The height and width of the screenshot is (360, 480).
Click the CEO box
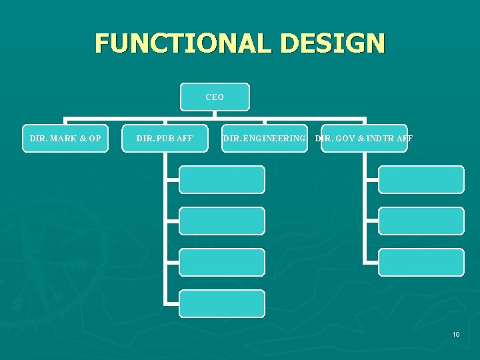pyautogui.click(x=215, y=97)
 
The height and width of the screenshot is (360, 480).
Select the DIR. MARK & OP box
pyautogui.click(x=65, y=139)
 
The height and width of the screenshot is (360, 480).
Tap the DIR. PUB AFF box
pyautogui.click(x=165, y=139)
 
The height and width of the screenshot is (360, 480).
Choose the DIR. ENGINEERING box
pyautogui.click(x=265, y=139)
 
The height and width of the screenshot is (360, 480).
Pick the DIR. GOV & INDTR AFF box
pyautogui.click(x=364, y=139)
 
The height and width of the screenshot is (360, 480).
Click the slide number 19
pyautogui.click(x=456, y=334)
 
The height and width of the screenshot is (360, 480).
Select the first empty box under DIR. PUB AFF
pyautogui.click(x=222, y=180)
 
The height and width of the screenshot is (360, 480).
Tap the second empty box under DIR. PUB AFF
pyautogui.click(x=222, y=221)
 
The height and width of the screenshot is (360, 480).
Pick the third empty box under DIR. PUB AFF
pyautogui.click(x=222, y=262)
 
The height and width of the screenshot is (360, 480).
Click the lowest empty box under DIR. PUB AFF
pyautogui.click(x=222, y=303)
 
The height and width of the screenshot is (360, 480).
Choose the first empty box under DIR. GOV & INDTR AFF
pyautogui.click(x=421, y=180)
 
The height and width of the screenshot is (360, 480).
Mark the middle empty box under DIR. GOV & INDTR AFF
pyautogui.click(x=421, y=221)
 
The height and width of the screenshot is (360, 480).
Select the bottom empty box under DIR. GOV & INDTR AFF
pyautogui.click(x=421, y=262)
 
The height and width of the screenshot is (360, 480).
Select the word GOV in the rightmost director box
pyautogui.click(x=347, y=139)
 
